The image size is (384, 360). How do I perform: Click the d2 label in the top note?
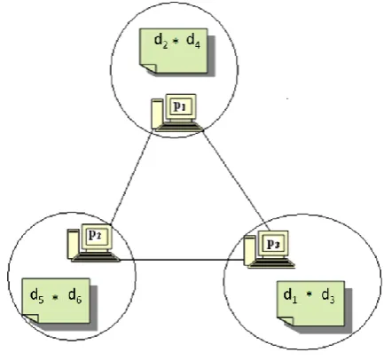[x=161, y=41]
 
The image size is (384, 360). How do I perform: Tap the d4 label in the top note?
[x=193, y=41]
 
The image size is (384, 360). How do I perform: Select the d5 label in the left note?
[x=37, y=296]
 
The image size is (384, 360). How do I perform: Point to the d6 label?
[x=75, y=296]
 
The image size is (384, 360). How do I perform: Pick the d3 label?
[x=328, y=296]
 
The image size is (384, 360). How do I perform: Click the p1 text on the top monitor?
[x=180, y=106]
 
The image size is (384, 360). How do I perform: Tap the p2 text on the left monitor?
[x=95, y=235]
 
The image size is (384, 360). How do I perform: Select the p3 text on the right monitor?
[x=273, y=244]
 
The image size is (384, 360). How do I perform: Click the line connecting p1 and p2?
[x=132, y=176]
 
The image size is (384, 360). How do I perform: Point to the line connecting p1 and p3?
[x=237, y=180]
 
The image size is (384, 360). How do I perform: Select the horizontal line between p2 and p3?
[x=182, y=260]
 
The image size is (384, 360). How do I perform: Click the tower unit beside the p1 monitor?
[x=157, y=113]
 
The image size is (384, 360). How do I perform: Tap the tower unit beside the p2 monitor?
[x=73, y=244]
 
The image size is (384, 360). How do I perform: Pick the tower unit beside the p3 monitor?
[x=250, y=251]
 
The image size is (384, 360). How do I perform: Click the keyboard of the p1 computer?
[x=180, y=127]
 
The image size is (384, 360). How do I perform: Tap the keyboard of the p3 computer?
[x=271, y=263]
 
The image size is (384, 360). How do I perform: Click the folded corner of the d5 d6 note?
[x=31, y=318]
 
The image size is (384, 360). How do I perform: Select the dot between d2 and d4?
[x=176, y=42]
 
